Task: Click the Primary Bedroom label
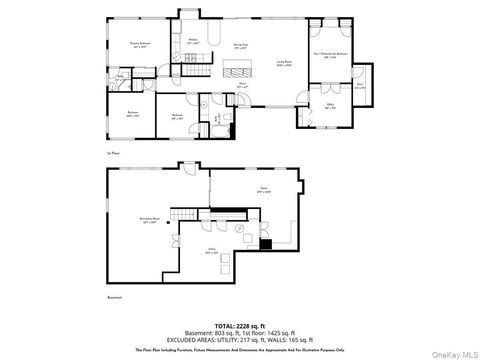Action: (x=145, y=46)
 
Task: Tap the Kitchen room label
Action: (x=193, y=42)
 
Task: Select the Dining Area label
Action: (x=240, y=47)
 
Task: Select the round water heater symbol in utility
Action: (x=242, y=227)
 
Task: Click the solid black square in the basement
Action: (x=264, y=244)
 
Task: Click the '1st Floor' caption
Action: (x=112, y=154)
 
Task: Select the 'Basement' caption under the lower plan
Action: (x=113, y=298)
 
